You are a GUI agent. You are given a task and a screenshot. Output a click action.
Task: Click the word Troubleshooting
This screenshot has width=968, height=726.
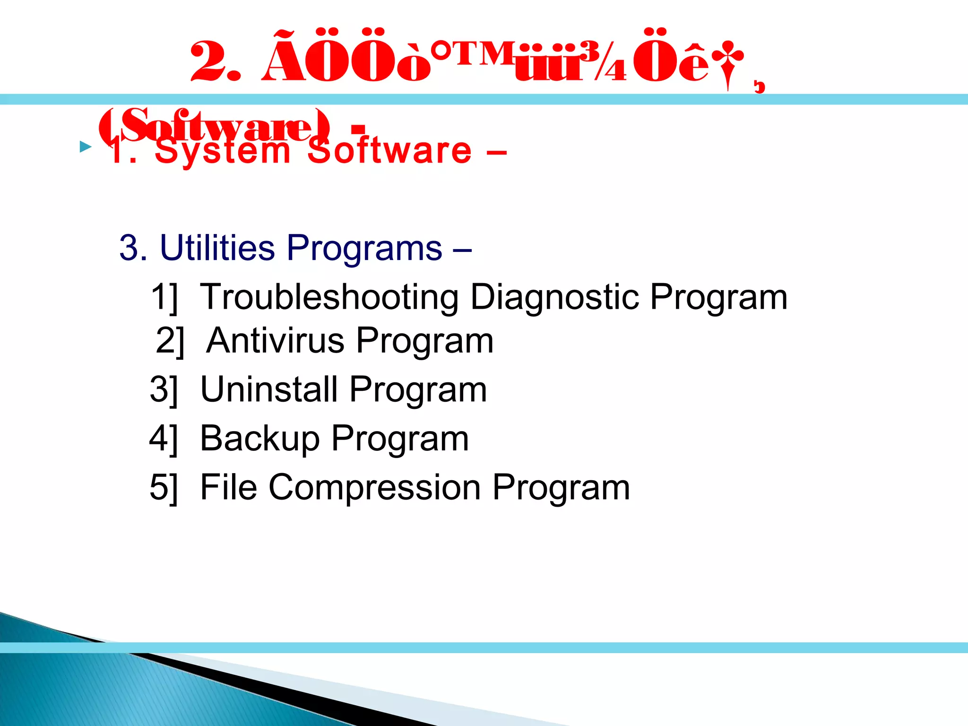[x=329, y=297]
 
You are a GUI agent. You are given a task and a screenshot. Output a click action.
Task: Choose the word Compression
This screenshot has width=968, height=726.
[x=375, y=487]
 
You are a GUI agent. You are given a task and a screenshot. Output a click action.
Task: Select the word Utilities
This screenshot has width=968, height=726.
[x=217, y=248]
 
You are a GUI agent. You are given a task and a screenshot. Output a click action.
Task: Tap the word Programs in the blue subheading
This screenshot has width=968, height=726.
[x=364, y=249]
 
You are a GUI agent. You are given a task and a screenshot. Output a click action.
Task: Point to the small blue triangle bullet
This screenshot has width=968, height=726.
[x=86, y=147]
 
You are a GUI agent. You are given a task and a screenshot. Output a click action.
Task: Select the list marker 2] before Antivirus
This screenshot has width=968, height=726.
[x=170, y=341]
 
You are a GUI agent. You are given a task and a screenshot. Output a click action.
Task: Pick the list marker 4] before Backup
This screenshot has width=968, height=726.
[x=164, y=439]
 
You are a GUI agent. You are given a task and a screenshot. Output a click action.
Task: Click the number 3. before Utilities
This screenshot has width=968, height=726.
[x=133, y=248]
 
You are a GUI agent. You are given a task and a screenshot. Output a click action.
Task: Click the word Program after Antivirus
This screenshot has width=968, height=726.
[x=424, y=341]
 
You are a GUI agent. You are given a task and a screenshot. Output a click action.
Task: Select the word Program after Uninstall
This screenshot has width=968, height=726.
[x=418, y=390]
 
